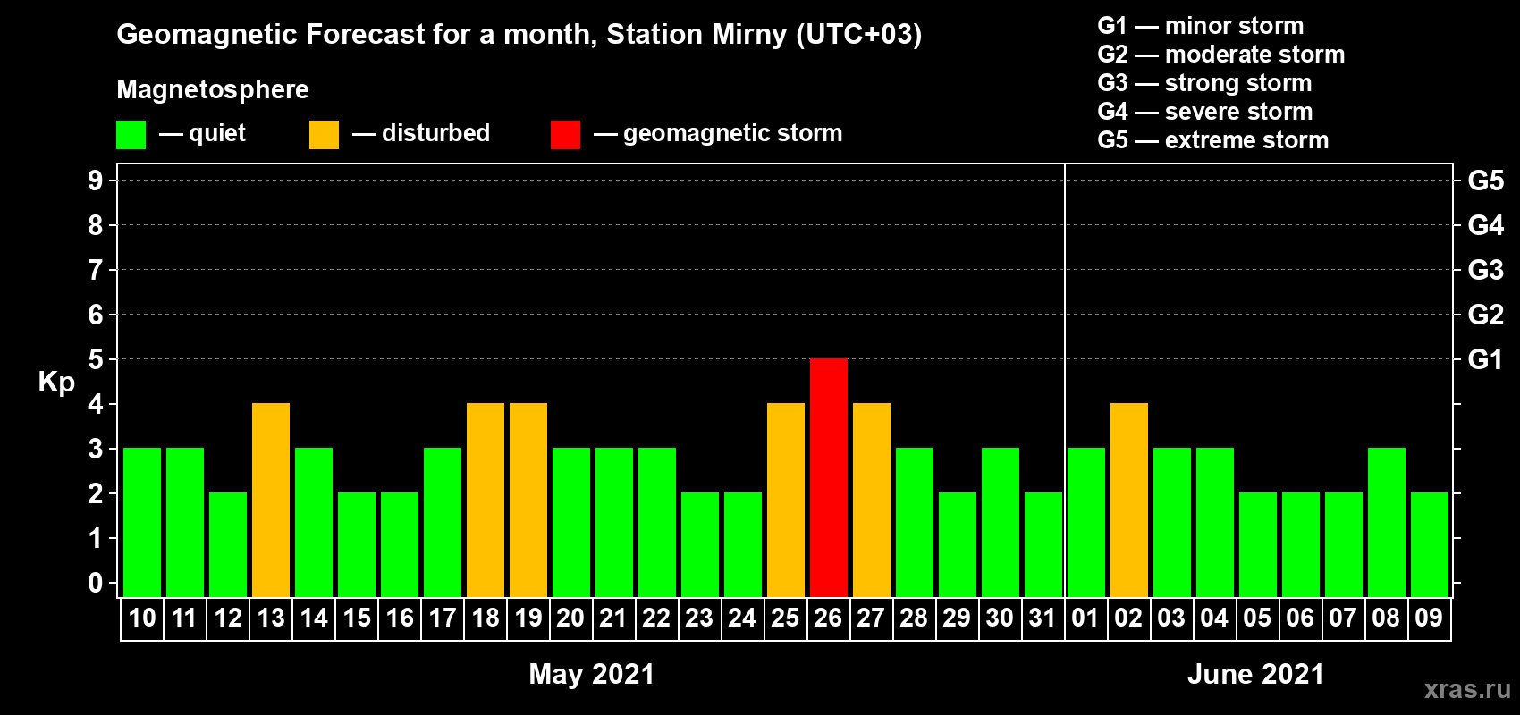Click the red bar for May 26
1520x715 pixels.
tap(829, 477)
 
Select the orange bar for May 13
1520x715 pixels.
tap(271, 500)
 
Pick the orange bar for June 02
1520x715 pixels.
tap(1129, 500)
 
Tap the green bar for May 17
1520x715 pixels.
tap(443, 522)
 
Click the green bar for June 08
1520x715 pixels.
tap(1386, 522)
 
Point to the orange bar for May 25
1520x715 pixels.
tap(786, 500)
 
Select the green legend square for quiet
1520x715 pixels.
tap(131, 134)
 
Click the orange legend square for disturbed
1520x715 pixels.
tap(324, 134)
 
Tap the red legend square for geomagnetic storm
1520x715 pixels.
tap(565, 134)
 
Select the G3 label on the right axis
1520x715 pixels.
tap(1485, 270)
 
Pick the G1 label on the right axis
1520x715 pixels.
tap(1485, 359)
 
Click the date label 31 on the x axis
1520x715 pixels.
tap(1043, 618)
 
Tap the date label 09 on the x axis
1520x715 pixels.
tap(1429, 618)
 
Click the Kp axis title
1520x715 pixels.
tap(56, 383)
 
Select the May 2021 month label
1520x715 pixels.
tap(592, 674)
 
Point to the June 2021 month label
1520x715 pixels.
tap(1255, 674)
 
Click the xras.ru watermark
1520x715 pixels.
tap(1467, 690)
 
